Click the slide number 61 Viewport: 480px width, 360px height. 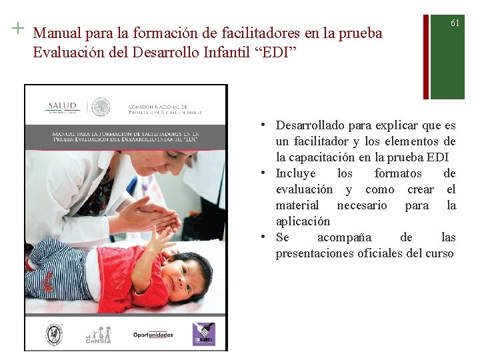pyautogui.click(x=455, y=23)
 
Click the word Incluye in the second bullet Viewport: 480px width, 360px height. pyautogui.click(x=295, y=173)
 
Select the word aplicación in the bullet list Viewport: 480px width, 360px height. pyautogui.click(x=303, y=221)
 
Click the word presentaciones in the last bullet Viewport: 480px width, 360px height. pyautogui.click(x=317, y=253)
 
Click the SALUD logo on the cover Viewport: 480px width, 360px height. pyautogui.click(x=63, y=107)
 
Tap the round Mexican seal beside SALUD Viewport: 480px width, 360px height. pyautogui.click(x=100, y=107)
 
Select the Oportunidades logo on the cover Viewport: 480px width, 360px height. pyautogui.click(x=153, y=335)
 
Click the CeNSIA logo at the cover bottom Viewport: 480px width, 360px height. pyautogui.click(x=98, y=335)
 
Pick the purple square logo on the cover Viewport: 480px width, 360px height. pyautogui.click(x=203, y=333)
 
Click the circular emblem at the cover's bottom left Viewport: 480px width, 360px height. pyautogui.click(x=54, y=333)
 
